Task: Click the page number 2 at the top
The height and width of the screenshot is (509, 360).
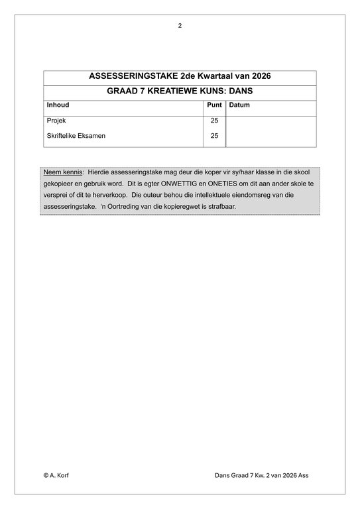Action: [180, 26]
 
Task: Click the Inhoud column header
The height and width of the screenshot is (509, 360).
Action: [58, 105]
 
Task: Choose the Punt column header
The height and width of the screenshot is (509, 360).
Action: [214, 105]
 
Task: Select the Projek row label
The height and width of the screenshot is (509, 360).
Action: [56, 121]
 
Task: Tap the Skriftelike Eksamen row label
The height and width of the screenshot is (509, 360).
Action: [76, 136]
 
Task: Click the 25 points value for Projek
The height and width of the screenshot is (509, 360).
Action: [214, 121]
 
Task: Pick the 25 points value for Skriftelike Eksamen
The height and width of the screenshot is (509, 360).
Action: [214, 136]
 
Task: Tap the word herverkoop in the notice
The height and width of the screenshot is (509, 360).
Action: [108, 195]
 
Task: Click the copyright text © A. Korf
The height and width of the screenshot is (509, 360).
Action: [58, 475]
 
